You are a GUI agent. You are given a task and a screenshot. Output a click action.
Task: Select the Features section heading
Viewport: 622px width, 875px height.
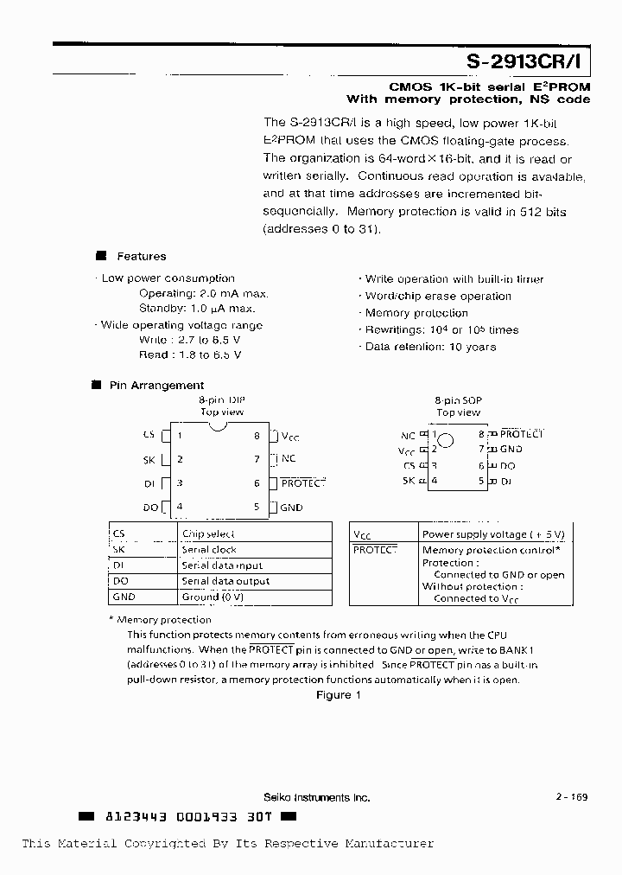(142, 256)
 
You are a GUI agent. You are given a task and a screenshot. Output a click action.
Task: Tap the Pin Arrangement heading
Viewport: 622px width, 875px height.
(156, 386)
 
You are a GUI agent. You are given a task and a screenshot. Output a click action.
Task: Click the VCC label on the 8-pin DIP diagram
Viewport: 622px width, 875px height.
(290, 437)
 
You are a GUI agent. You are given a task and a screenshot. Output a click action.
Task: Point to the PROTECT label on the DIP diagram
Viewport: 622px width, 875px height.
(302, 483)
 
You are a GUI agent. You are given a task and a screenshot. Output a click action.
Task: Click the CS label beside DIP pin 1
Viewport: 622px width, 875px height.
(149, 436)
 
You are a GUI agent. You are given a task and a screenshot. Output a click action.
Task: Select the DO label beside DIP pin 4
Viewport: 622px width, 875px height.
(149, 508)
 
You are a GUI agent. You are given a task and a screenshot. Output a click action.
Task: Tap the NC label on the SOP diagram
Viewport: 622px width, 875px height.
(408, 436)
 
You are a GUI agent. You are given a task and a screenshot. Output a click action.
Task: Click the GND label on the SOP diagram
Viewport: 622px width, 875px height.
(511, 449)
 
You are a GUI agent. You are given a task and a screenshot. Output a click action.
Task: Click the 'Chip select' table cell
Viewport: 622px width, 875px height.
(208, 534)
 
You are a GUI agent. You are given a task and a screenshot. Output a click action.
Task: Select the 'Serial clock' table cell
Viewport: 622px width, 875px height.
(209, 550)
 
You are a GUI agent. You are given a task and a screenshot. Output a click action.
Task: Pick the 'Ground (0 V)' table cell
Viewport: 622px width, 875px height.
(213, 597)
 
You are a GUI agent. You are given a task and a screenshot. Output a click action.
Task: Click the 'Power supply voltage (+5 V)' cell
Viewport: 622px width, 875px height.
(492, 534)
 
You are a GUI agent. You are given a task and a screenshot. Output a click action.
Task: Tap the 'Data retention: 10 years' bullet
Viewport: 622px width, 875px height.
(430, 347)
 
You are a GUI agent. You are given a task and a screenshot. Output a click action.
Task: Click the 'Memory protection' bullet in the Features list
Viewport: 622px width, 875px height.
(416, 313)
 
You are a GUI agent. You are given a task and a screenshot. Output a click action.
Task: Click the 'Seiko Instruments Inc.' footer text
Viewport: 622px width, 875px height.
(316, 797)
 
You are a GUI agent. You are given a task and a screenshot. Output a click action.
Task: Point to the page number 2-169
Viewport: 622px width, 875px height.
(571, 797)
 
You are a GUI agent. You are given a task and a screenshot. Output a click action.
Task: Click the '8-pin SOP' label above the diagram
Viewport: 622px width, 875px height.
(458, 401)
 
